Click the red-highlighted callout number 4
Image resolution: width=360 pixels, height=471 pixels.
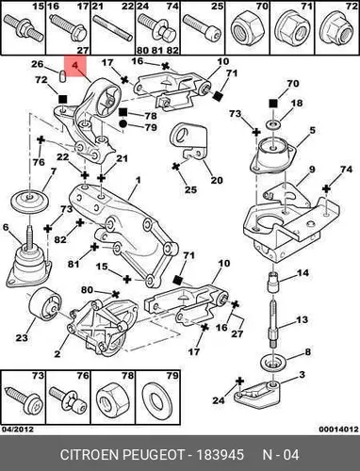[74, 66]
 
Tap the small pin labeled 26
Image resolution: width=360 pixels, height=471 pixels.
[62, 75]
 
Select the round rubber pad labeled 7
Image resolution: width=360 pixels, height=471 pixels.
[29, 201]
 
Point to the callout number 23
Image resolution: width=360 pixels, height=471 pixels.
[22, 338]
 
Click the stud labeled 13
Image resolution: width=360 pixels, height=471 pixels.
[273, 324]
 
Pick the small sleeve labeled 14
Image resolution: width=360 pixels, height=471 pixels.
[273, 282]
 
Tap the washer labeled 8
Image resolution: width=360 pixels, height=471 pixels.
[273, 364]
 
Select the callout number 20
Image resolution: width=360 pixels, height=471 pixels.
[217, 180]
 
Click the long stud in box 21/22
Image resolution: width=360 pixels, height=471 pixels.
[113, 27]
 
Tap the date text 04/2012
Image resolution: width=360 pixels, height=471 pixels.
[17, 429]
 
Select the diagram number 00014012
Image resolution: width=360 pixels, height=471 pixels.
[338, 429]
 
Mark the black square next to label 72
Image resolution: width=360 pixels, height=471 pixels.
[63, 100]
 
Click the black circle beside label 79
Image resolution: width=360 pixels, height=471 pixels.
[123, 123]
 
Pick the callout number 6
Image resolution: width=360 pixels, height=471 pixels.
[6, 227]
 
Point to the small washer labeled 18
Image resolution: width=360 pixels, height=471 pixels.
[272, 123]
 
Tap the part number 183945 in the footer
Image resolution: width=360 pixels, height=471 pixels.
[220, 455]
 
